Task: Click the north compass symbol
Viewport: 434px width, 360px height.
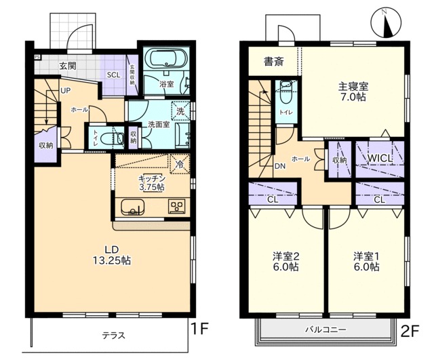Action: [x=386, y=23]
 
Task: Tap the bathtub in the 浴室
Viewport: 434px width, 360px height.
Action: [x=166, y=58]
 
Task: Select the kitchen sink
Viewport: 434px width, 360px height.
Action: [x=133, y=207]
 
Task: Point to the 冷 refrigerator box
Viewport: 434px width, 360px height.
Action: [x=180, y=164]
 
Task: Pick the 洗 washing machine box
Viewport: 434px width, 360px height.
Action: [x=181, y=111]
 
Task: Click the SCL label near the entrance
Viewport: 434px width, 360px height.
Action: [x=113, y=75]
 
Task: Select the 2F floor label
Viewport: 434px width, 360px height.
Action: [x=410, y=331]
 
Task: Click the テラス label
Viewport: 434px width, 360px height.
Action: [x=114, y=336]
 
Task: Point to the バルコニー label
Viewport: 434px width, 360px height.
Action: [x=325, y=329]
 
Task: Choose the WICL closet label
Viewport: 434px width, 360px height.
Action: [x=380, y=158]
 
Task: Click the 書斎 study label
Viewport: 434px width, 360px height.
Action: [x=274, y=62]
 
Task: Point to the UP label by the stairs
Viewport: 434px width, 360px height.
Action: [x=65, y=90]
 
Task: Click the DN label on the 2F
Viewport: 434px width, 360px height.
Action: [x=280, y=166]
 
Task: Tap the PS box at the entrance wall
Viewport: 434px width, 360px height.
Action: [x=37, y=57]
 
